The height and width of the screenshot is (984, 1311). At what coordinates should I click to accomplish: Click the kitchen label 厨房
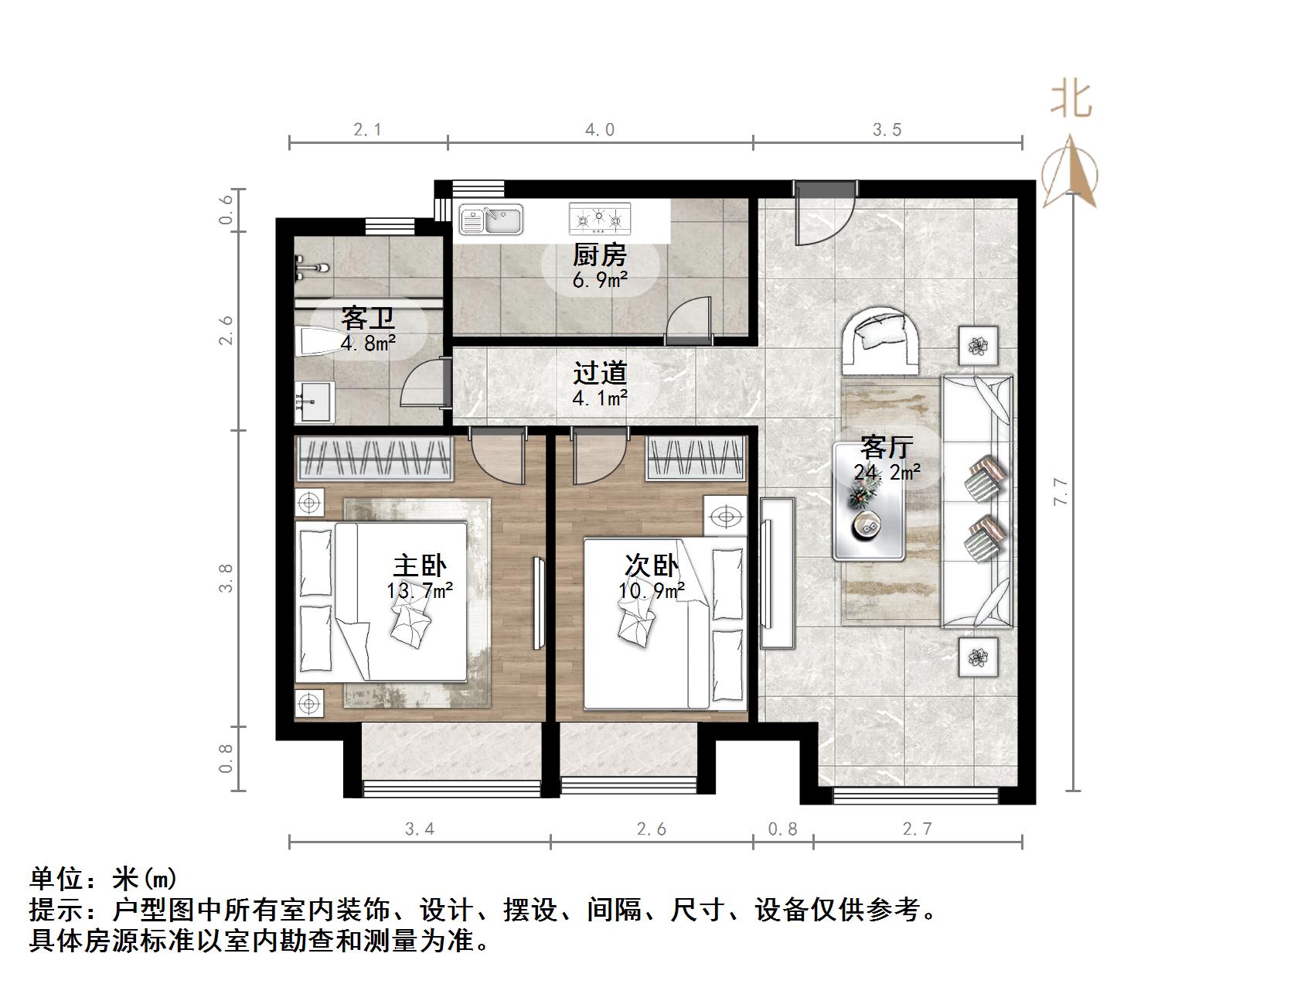tap(599, 255)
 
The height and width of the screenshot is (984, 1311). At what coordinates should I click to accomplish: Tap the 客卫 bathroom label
tap(368, 318)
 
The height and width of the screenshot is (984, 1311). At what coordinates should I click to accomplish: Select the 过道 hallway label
tap(599, 374)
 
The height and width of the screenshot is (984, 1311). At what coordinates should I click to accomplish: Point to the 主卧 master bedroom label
tap(420, 565)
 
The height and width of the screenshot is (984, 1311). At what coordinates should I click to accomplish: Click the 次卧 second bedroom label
tap(652, 565)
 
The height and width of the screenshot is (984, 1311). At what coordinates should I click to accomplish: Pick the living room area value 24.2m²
tap(887, 472)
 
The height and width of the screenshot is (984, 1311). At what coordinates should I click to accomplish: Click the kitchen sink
tap(492, 220)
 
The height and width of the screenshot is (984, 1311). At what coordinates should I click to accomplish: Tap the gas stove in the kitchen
tap(600, 219)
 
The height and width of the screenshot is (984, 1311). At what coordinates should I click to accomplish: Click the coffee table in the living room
tap(869, 501)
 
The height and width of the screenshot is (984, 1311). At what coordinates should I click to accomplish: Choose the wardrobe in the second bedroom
tap(696, 458)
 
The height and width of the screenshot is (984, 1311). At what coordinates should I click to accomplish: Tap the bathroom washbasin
tap(314, 402)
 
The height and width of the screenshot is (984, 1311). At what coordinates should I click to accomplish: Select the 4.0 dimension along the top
tap(600, 130)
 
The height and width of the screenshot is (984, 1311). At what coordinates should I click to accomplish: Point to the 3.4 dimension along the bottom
tap(420, 829)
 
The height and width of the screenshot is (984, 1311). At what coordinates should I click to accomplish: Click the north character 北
tap(1071, 100)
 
